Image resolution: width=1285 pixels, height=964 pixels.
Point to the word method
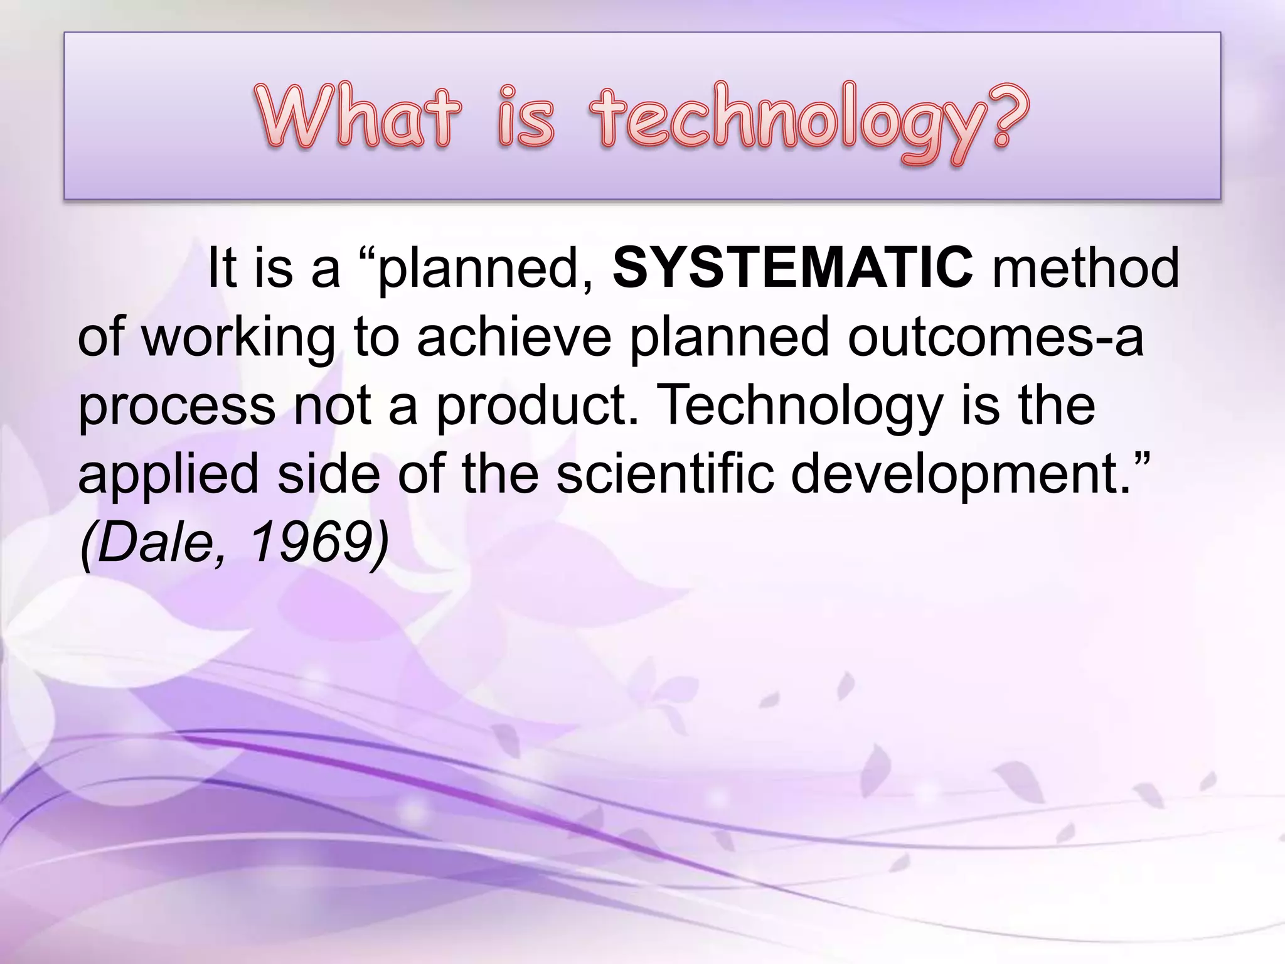coord(1085,268)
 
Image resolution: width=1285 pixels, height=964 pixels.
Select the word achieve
coord(514,336)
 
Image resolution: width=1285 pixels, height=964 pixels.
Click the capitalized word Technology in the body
coord(801,407)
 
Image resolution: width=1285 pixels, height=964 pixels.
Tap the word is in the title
coord(526,117)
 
